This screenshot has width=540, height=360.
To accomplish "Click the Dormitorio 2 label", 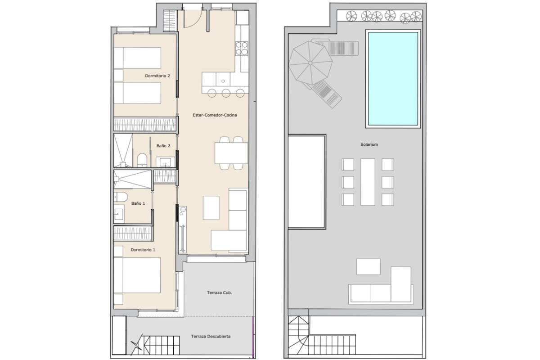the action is pos(157,76).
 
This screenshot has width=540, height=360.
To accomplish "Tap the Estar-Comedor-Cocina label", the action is pos(215,115).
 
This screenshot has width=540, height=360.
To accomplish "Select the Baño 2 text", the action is pos(163,146).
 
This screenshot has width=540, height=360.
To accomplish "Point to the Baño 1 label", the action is pos(138,203).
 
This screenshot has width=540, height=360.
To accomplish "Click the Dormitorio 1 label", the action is pos(143,250).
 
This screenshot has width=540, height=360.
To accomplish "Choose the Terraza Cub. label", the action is pos(220,292).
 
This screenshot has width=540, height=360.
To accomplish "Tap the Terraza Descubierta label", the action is pos(211,336).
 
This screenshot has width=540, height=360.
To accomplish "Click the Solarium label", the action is pos(369,144).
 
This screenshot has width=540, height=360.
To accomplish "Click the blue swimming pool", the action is pos(393,79).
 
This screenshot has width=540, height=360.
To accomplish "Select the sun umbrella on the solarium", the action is pos(310,63).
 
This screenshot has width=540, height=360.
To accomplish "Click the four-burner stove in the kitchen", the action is pos(242,49).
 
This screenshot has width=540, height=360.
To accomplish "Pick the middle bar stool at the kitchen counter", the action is pos(226,93).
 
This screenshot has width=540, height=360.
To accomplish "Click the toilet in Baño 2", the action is pos(142,160).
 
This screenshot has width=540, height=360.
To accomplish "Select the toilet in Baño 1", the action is pos(120,197).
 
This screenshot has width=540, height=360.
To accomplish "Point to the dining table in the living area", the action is pos(231,153).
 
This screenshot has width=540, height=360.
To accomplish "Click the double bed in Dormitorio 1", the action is pos(137,275).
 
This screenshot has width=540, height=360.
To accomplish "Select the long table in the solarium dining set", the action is pos(368,182).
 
